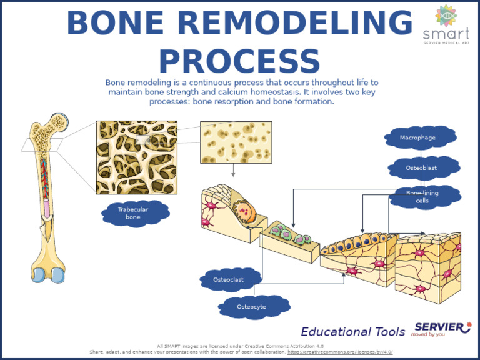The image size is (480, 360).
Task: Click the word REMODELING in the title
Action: [x=294, y=24]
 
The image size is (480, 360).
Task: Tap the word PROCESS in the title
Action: [x=239, y=61]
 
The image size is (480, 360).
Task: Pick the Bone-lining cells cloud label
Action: [x=425, y=197]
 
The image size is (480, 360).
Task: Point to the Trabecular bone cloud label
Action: [x=134, y=214]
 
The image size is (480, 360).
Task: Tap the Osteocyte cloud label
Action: [x=253, y=307]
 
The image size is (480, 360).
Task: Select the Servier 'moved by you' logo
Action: [x=442, y=329]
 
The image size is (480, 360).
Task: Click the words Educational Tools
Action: [x=354, y=332]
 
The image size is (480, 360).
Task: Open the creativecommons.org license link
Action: [x=340, y=352]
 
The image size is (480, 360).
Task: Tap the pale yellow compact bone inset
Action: [x=236, y=142]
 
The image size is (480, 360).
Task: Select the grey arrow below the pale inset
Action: [x=233, y=170]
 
